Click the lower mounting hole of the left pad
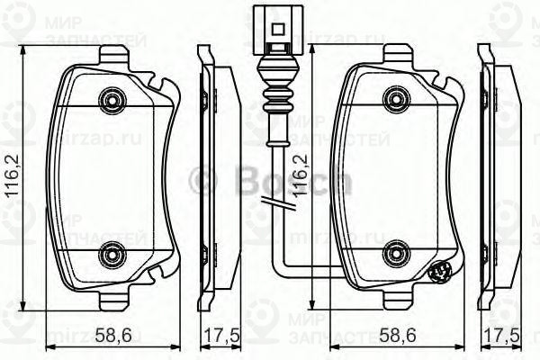112,255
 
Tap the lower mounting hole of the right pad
394,255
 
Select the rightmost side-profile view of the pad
499,175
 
